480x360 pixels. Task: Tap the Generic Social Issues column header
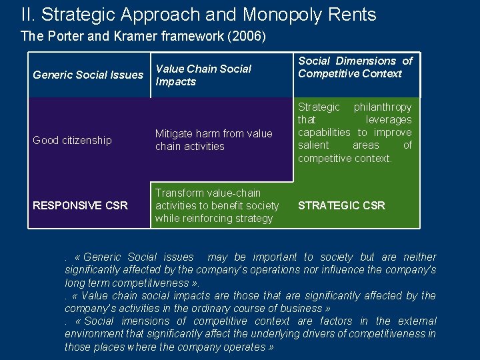coord(88,75)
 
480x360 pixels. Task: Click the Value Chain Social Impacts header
coord(203,75)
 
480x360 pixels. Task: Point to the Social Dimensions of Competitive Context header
coord(355,67)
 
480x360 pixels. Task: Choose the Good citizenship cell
coord(72,140)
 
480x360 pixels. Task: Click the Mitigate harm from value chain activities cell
coord(213,140)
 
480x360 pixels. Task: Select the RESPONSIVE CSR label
coord(80,205)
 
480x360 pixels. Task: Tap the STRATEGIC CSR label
coord(341,205)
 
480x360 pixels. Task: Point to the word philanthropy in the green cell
coord(383,107)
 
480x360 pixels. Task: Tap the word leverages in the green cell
coord(389,119)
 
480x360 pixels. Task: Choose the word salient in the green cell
coord(313,145)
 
